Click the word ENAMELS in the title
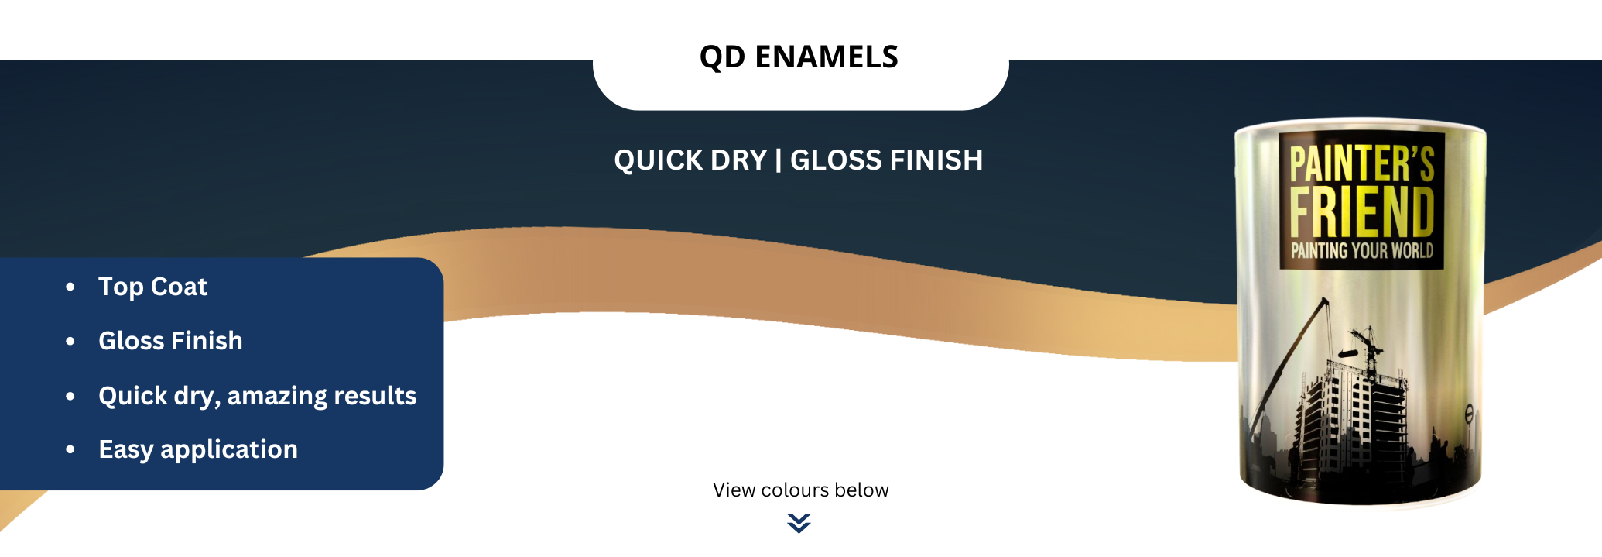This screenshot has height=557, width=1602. point(827,57)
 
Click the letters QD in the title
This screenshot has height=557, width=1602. point(722,57)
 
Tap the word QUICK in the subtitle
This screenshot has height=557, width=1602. point(658,160)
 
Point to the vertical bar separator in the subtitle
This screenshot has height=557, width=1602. point(778,160)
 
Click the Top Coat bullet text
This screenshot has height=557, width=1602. point(153,287)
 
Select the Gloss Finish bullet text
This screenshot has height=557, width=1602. point(170,341)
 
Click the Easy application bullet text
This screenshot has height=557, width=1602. point(198,450)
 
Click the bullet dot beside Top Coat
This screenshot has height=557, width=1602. point(70,287)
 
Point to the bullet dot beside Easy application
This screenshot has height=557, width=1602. point(70,449)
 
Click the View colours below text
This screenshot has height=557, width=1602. point(801,490)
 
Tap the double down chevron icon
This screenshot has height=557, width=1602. point(799,524)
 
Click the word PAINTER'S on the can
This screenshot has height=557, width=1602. point(1362,163)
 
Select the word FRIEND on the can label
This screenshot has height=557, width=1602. point(1362,211)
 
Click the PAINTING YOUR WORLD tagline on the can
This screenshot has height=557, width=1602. point(1362,250)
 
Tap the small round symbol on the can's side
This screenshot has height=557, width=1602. point(1468,414)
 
